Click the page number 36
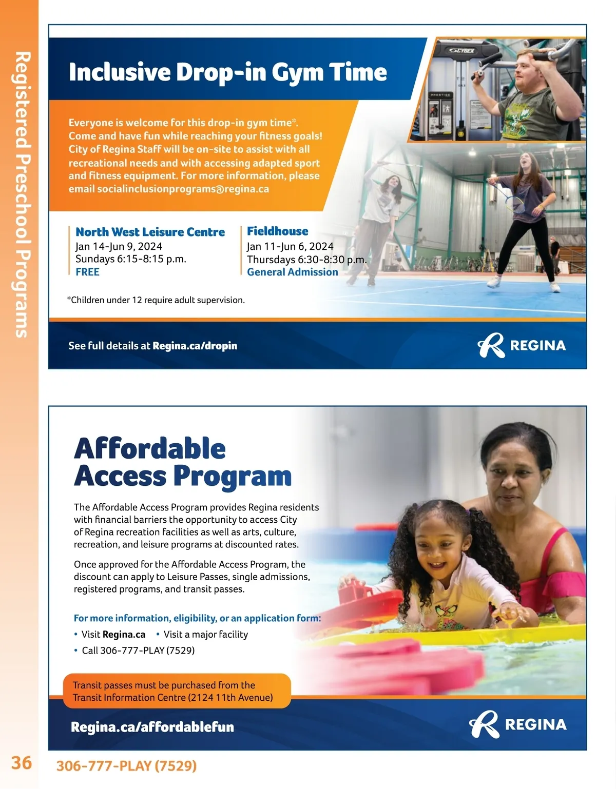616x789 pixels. coord(22,762)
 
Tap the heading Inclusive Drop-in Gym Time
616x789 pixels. coord(227,72)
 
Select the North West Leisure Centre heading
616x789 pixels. coord(150,232)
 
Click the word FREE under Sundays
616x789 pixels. coord(87,272)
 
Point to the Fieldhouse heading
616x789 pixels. coord(277,231)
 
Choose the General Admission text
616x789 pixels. coord(292,272)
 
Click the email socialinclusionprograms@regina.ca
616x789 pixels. coord(183,189)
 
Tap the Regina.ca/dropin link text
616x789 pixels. coord(195,346)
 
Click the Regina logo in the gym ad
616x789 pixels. coord(521,345)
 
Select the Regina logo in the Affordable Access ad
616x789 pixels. coord(517,724)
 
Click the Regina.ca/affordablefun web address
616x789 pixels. coord(152,727)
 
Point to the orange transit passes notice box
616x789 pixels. coord(177,691)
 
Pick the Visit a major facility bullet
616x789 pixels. coord(205,635)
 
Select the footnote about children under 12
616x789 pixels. coord(156,300)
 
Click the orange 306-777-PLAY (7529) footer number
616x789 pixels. coord(126,766)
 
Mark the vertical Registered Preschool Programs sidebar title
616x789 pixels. coord(21,195)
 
